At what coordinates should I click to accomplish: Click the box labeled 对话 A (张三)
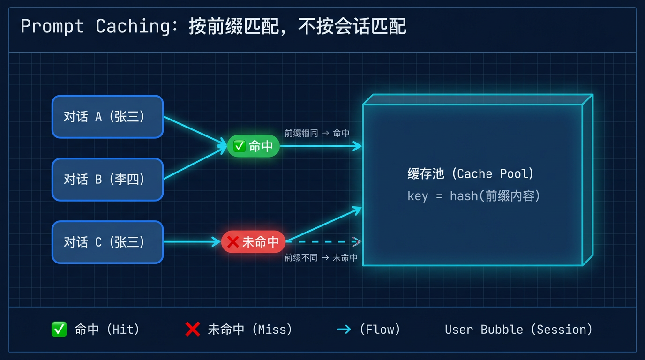pos(107,117)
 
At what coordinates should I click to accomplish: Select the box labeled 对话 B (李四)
pos(107,180)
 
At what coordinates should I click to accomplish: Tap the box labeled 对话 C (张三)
pos(107,242)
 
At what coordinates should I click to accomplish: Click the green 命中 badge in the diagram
pos(254,146)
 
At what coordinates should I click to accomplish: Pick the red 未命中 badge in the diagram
pos(253,242)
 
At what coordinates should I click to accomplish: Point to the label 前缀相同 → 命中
pos(317,133)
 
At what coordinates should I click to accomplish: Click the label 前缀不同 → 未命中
pos(321,257)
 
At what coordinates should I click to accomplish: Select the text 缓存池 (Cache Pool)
pos(471,174)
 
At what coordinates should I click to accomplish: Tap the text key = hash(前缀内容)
pos(474,195)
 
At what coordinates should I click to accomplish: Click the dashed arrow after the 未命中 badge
pos(323,242)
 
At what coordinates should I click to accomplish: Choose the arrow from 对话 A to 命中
pos(195,130)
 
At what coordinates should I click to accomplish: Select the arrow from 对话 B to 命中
pos(195,163)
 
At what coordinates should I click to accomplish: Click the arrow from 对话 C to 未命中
pos(192,242)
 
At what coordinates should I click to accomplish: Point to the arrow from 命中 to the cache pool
pos(321,146)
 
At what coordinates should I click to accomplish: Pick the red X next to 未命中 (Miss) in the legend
pos(193,330)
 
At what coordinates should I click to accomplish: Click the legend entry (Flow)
pos(380,330)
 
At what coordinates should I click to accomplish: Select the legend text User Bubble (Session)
pos(518,330)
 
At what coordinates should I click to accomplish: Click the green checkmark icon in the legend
pos(59,330)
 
